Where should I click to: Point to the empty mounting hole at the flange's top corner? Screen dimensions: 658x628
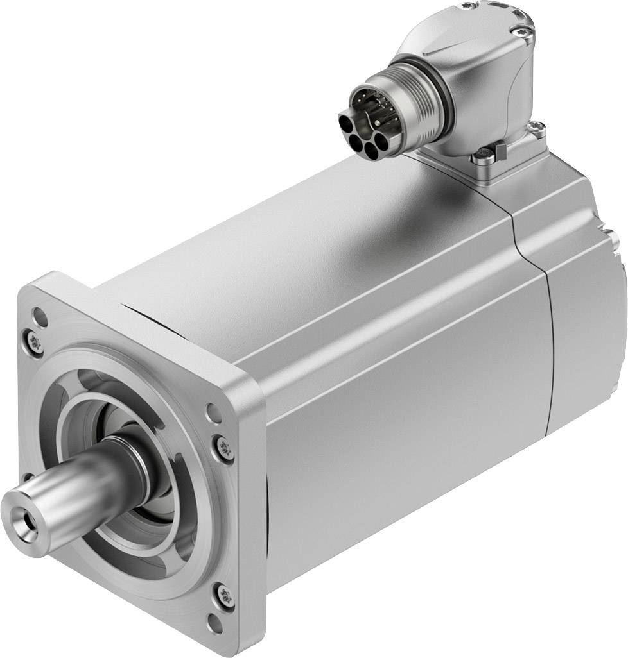(40, 316)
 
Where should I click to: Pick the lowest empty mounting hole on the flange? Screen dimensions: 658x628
(215, 621)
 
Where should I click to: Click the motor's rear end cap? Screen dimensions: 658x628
(588, 333)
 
